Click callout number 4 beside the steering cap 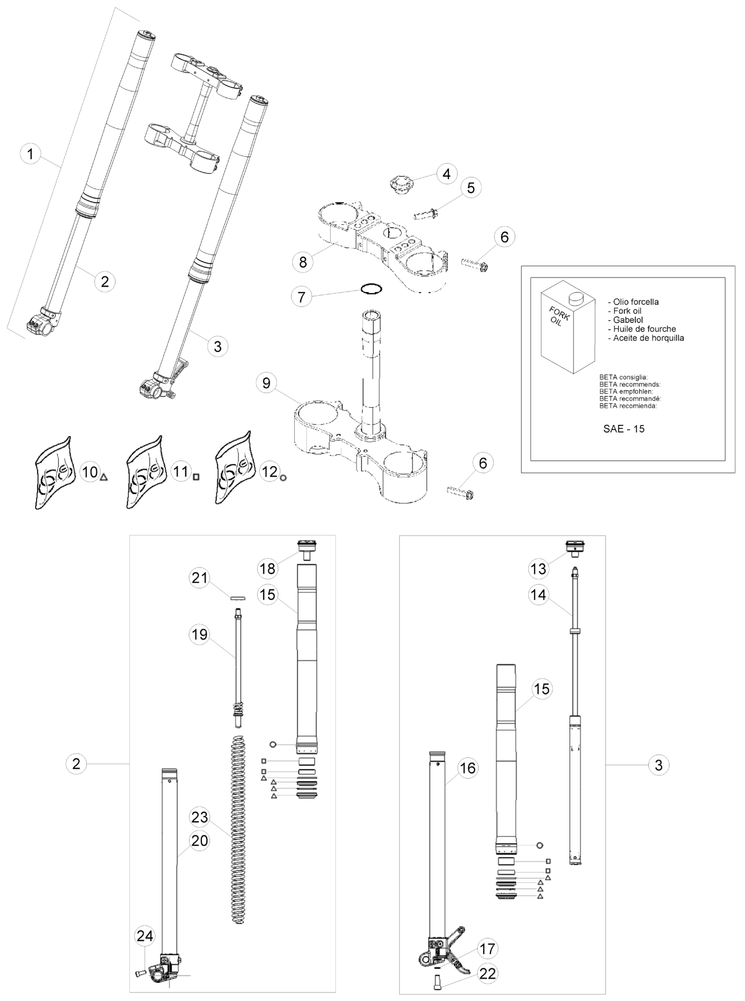click(x=446, y=174)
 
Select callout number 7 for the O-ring click(x=302, y=296)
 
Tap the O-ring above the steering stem click(x=371, y=289)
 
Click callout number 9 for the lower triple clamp click(x=266, y=383)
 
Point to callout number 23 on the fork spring click(x=200, y=817)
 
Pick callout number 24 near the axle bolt click(x=145, y=936)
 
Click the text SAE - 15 click(x=624, y=429)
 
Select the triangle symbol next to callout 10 click(x=104, y=477)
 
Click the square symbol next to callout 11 click(x=196, y=477)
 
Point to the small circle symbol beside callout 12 click(x=283, y=477)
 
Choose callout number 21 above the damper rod click(x=200, y=578)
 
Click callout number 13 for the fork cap click(x=538, y=569)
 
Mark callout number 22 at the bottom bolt click(x=488, y=974)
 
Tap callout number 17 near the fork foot click(x=487, y=948)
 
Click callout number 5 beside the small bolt click(x=471, y=188)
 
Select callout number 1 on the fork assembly click(x=30, y=154)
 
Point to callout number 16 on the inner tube click(x=467, y=768)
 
